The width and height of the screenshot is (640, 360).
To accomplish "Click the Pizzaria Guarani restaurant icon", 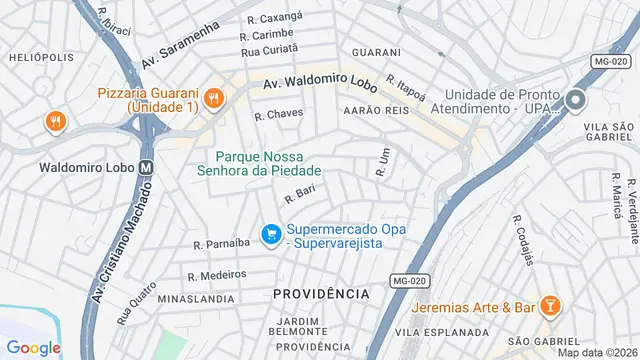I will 213,99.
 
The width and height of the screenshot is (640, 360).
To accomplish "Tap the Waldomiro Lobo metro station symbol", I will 147,167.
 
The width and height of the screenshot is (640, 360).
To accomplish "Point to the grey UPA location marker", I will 575,100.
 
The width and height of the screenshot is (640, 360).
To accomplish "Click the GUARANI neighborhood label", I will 376,52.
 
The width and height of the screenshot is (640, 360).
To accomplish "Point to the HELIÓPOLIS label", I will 41,57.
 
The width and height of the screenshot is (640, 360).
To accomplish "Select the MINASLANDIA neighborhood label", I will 193,298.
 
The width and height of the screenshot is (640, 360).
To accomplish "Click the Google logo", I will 34,347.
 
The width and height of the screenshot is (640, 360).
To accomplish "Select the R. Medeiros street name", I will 216,274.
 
